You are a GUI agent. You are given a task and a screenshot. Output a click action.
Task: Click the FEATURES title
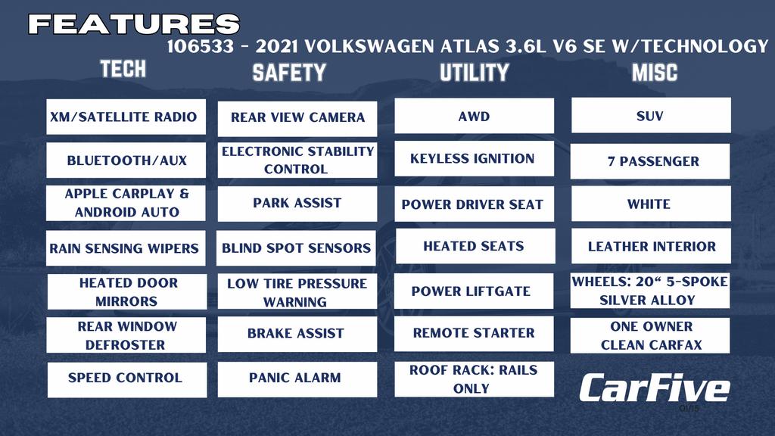[x=134, y=23]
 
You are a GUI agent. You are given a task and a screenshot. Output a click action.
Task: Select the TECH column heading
[x=123, y=69]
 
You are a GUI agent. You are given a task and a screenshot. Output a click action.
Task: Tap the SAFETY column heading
[x=289, y=73]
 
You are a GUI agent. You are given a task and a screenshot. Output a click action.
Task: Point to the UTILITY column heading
[x=474, y=73]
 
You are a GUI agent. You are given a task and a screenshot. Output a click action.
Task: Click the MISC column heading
[x=655, y=73]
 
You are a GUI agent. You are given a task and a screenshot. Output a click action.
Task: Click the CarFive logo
[x=655, y=388]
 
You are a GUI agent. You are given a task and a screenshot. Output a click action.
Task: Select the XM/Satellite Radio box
[x=126, y=117]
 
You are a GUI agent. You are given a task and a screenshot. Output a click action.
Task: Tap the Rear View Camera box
[x=297, y=119]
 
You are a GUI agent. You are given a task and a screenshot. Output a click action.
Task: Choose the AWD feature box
[x=474, y=116]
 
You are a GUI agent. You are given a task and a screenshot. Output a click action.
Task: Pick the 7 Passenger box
[x=650, y=161]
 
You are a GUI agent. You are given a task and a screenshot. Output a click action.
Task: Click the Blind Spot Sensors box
[x=296, y=248]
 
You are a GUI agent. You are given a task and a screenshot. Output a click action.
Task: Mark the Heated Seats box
[x=475, y=246]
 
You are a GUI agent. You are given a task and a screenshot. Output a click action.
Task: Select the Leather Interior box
[x=651, y=246]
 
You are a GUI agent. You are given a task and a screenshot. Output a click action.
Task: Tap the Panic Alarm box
[x=297, y=379]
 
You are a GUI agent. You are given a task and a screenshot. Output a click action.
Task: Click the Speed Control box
[x=127, y=380]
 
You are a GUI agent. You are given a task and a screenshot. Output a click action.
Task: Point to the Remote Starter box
[x=474, y=334]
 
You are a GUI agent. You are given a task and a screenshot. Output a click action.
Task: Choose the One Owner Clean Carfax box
[x=650, y=335]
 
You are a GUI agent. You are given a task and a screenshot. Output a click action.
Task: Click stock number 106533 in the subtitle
[x=200, y=46]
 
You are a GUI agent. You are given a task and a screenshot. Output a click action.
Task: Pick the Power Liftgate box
[x=474, y=291]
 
